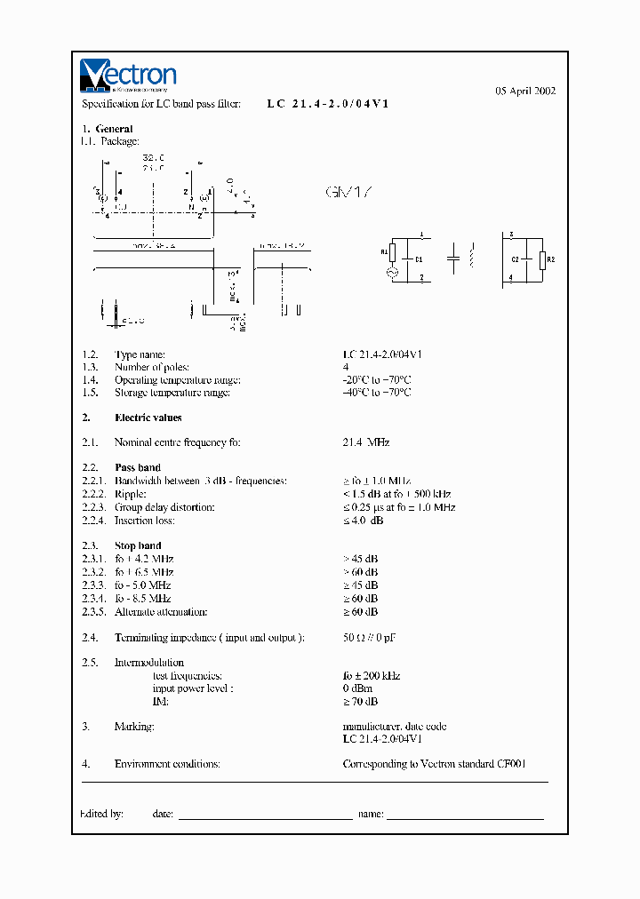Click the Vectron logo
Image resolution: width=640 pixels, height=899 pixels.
pos(128,76)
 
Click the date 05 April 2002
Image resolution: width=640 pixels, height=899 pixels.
pos(525,91)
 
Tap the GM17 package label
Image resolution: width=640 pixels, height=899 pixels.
pos(349,192)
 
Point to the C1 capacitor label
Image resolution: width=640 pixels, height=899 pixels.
pos(419,259)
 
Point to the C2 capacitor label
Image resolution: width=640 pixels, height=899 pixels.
pos(516,259)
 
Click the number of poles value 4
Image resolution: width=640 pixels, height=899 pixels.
pos(345,367)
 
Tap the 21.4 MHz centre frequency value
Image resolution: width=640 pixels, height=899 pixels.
pos(366,442)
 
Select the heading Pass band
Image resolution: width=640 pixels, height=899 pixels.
pos(138,467)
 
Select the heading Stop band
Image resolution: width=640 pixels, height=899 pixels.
pos(138,545)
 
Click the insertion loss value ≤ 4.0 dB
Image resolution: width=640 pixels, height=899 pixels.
pos(363,521)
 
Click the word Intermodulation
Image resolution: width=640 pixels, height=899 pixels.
pos(149,663)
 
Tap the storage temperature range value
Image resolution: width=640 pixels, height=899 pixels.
pos(377,393)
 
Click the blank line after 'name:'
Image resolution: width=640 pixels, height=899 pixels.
pos(466,814)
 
